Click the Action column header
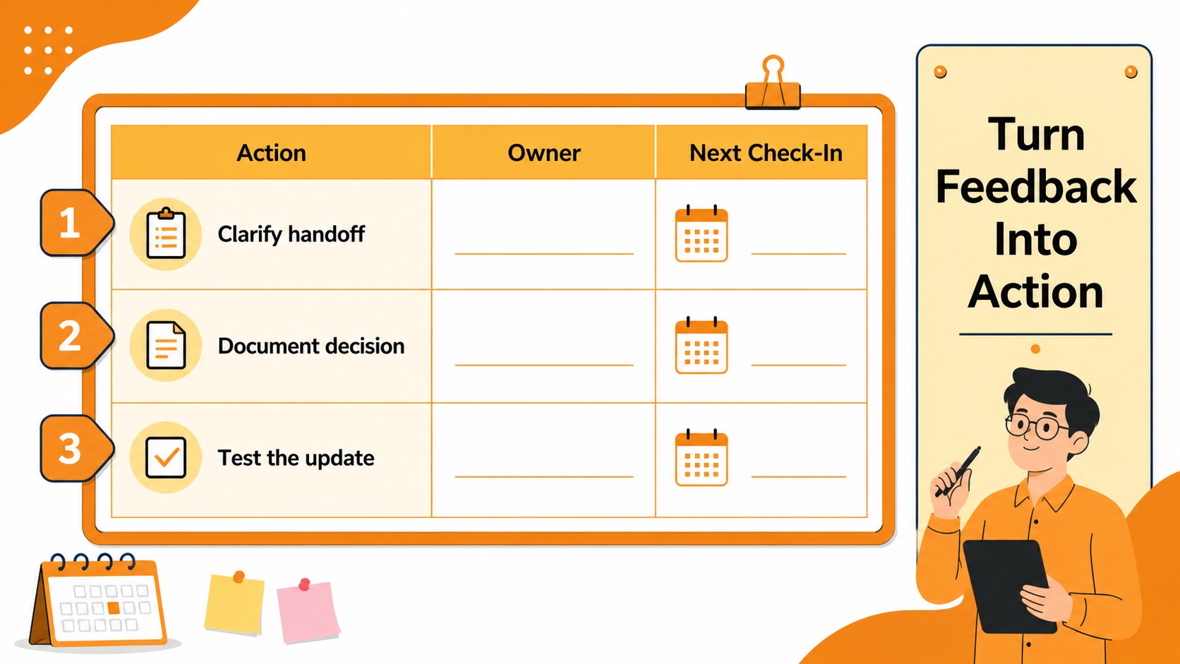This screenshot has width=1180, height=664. (x=271, y=152)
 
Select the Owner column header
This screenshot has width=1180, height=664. (x=543, y=152)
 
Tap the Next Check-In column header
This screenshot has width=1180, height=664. (x=766, y=152)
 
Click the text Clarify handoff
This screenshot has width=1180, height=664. (x=291, y=234)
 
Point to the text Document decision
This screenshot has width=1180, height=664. (x=311, y=346)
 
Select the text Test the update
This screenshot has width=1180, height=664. (x=296, y=458)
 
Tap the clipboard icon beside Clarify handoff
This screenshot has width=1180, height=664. (x=166, y=234)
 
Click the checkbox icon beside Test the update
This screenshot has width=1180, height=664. (x=166, y=457)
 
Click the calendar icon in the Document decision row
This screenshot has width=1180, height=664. (x=701, y=346)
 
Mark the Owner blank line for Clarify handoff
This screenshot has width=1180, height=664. (x=543, y=254)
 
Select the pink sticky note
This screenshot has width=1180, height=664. (x=308, y=611)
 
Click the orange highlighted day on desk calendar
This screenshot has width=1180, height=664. (x=113, y=608)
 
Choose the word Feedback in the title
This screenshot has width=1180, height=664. (x=1035, y=187)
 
